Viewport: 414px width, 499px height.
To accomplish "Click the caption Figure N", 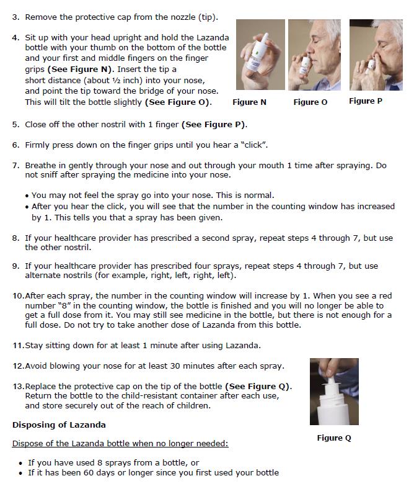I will [249, 102].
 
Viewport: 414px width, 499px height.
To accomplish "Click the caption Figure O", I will [310, 102].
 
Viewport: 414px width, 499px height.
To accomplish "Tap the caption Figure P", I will [366, 101].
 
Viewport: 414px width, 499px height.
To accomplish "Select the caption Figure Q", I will [334, 438].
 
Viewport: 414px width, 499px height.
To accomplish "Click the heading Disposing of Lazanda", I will [59, 425].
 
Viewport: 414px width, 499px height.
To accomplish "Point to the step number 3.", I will [15, 16].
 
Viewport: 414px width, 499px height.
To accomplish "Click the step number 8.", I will [15, 238].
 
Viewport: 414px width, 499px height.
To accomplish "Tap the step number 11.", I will [17, 345].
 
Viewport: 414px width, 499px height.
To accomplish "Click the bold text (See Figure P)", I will [214, 124].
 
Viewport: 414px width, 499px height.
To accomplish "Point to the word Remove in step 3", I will [42, 16].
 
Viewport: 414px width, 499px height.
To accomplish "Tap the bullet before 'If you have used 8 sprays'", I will [22, 463].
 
